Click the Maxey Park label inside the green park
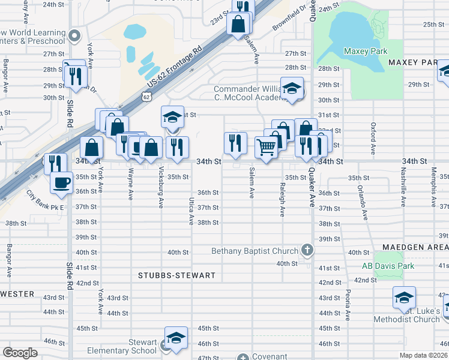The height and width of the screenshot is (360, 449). pyautogui.click(x=365, y=52)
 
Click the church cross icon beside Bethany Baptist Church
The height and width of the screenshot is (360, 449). pyautogui.click(x=307, y=250)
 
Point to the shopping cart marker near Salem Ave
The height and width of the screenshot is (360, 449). pyautogui.click(x=266, y=147)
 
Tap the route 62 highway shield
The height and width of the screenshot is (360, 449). pyautogui.click(x=147, y=96)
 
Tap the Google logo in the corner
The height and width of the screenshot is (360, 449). pyautogui.click(x=20, y=353)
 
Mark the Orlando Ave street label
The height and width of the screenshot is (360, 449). pyautogui.click(x=363, y=202)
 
